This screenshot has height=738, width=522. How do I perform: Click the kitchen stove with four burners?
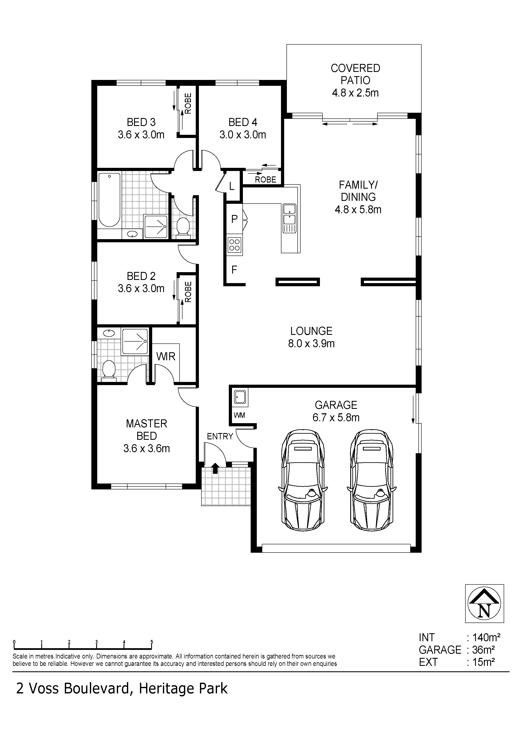(x=234, y=245)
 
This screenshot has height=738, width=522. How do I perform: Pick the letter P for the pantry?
(x=234, y=219)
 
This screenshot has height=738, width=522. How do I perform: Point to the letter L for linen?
(x=232, y=186)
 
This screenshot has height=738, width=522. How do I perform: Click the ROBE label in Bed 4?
(x=266, y=179)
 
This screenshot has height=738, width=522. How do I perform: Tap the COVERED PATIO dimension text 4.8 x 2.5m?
(x=355, y=93)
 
